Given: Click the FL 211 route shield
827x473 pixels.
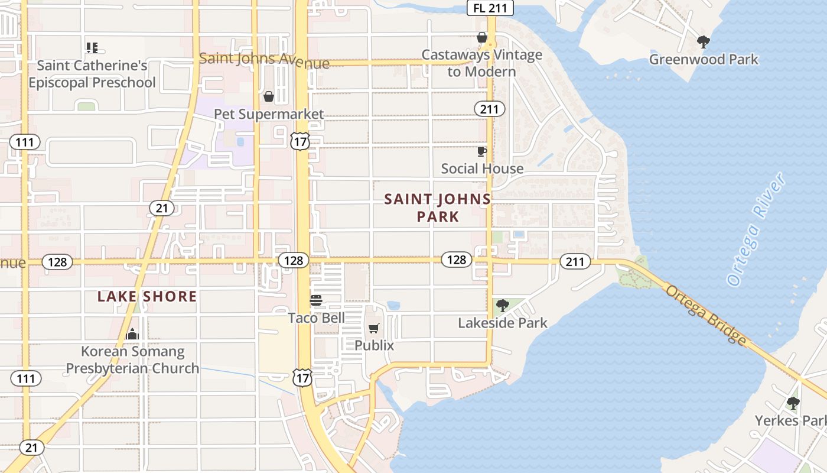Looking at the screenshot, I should (x=490, y=8).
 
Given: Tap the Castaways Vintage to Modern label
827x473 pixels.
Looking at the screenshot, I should (x=481, y=63).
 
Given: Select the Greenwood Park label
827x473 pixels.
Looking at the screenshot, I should (x=704, y=59).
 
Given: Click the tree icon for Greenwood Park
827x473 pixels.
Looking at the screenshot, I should (x=703, y=42).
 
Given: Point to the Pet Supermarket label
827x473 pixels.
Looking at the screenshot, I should (x=269, y=114).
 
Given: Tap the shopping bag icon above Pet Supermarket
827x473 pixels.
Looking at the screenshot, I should (x=269, y=96).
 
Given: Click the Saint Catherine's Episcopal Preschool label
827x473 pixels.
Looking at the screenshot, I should (x=92, y=74).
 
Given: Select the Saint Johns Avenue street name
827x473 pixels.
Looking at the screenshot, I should (x=264, y=60).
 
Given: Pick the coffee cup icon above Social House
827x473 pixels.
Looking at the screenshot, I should (x=482, y=151).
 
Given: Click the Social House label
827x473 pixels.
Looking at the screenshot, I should (x=482, y=169).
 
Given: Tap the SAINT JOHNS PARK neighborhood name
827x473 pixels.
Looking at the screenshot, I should (x=438, y=208).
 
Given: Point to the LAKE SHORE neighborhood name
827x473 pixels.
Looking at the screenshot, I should (x=147, y=296).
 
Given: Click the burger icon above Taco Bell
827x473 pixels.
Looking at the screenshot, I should (x=316, y=300).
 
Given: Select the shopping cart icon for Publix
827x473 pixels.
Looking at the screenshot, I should (x=373, y=329).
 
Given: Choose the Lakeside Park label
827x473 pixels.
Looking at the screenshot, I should (x=503, y=323).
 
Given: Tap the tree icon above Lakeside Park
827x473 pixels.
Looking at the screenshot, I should (x=503, y=306).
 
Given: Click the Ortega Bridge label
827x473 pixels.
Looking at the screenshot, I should (x=706, y=315).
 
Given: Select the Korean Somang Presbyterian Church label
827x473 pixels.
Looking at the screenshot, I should (x=132, y=360).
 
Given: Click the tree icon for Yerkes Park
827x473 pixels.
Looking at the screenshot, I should (x=793, y=403).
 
